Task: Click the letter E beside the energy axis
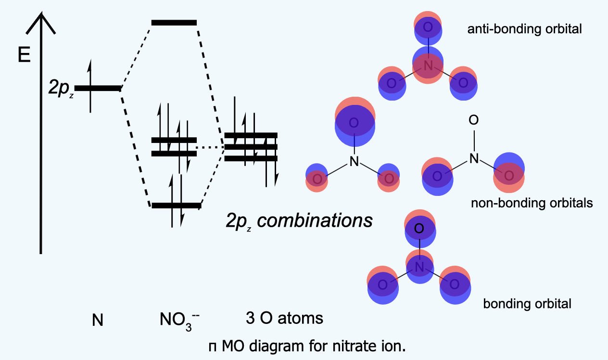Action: (x=24, y=55)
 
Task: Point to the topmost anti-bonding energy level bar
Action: (x=174, y=22)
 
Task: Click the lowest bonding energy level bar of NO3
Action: (x=176, y=206)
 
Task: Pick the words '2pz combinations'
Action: (x=299, y=221)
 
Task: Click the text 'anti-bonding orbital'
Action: (x=525, y=29)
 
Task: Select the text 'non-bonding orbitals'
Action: (x=532, y=203)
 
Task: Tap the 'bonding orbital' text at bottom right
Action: (x=527, y=304)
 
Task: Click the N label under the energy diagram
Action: (x=98, y=320)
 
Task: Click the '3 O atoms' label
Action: (x=284, y=319)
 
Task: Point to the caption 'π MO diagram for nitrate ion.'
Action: (x=307, y=346)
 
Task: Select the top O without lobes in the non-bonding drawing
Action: (x=474, y=120)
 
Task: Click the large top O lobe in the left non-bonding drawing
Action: (x=354, y=123)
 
